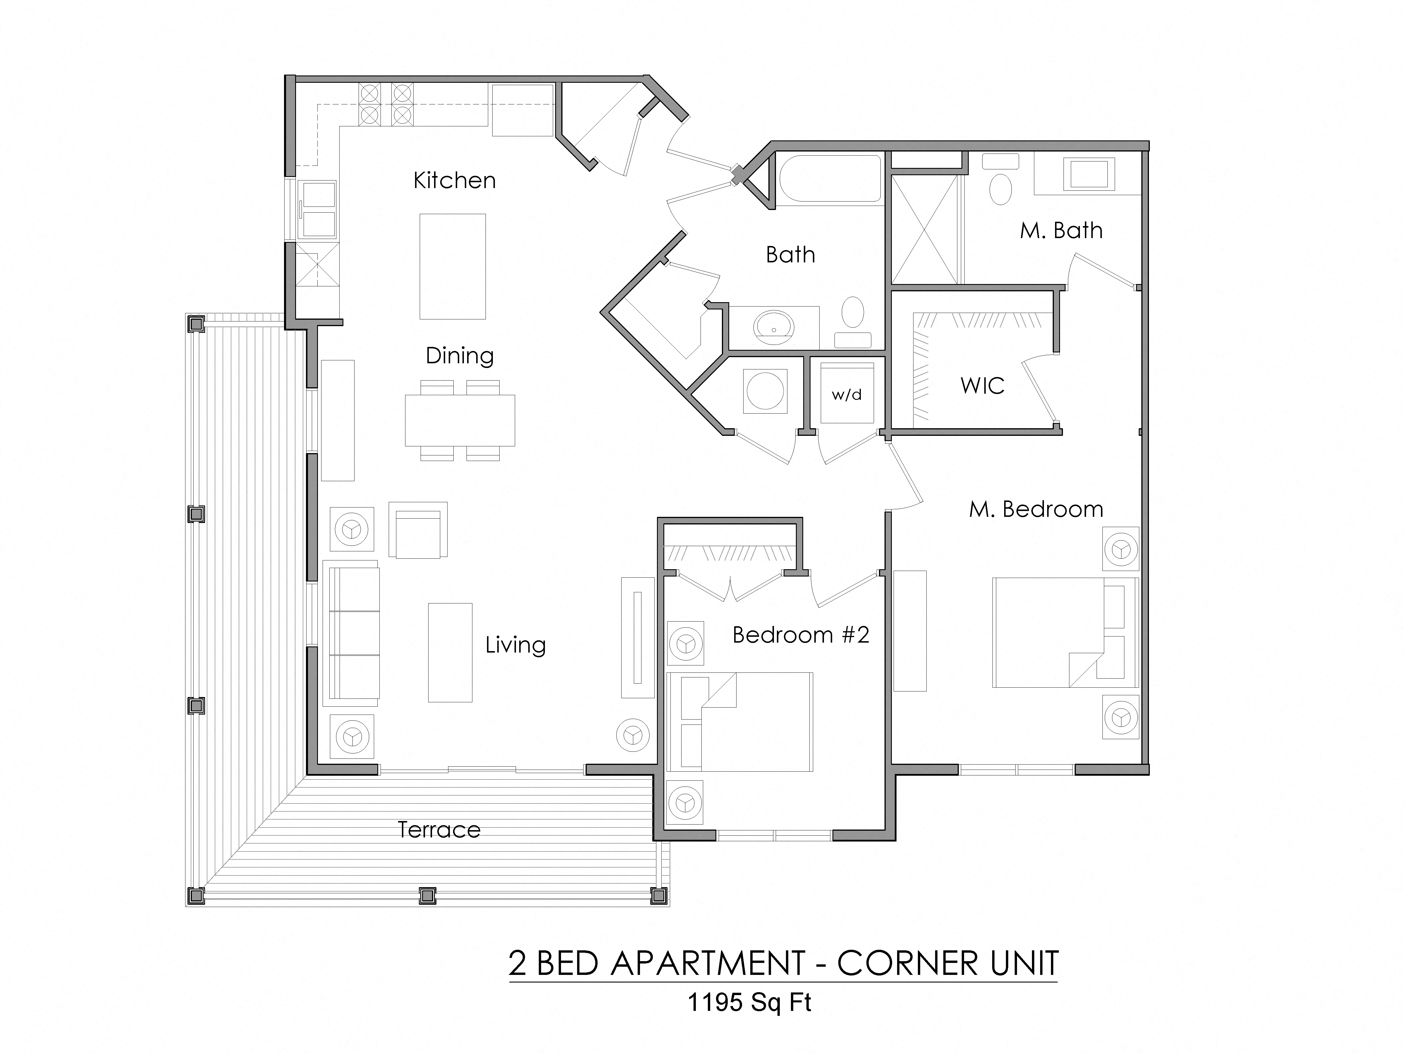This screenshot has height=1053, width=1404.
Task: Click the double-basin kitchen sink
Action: tap(319, 209)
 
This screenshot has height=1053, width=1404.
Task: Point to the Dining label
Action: tap(460, 355)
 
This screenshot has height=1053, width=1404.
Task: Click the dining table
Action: tap(460, 420)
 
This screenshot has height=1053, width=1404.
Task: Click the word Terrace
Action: tap(438, 830)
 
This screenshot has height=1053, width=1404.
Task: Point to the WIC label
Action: tap(982, 385)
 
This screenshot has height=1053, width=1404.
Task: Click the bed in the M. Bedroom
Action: tap(1064, 632)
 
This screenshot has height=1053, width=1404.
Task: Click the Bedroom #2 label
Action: tap(800, 635)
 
